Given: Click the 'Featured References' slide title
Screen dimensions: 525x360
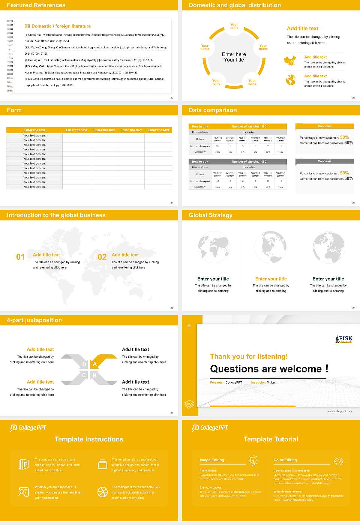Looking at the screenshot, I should [36, 5].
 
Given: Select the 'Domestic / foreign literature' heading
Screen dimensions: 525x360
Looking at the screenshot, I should [61, 26].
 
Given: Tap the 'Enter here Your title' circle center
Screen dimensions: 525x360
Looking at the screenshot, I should [234, 57].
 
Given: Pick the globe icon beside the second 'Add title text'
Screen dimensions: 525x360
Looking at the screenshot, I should [291, 80].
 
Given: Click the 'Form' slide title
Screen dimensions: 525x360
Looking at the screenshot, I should [14, 110].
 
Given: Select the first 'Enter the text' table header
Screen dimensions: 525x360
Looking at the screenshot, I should [34, 130].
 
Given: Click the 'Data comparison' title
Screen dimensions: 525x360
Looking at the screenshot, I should [213, 110].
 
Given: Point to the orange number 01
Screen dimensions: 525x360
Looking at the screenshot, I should [20, 257].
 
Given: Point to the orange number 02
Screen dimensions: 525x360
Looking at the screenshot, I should [102, 257].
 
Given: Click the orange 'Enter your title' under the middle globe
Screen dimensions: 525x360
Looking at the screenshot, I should [271, 279].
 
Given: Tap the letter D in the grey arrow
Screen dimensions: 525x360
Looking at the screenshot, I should [84, 364].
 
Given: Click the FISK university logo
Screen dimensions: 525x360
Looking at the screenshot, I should [343, 339].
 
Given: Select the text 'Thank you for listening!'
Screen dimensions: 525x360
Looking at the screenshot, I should [249, 357].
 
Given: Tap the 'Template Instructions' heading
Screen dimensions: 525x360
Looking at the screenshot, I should [89, 439].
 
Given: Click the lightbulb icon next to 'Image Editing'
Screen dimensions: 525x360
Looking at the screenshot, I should [253, 461].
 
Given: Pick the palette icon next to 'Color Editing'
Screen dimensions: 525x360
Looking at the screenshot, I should [338, 461].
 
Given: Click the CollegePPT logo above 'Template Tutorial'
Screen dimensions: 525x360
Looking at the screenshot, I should [210, 428].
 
